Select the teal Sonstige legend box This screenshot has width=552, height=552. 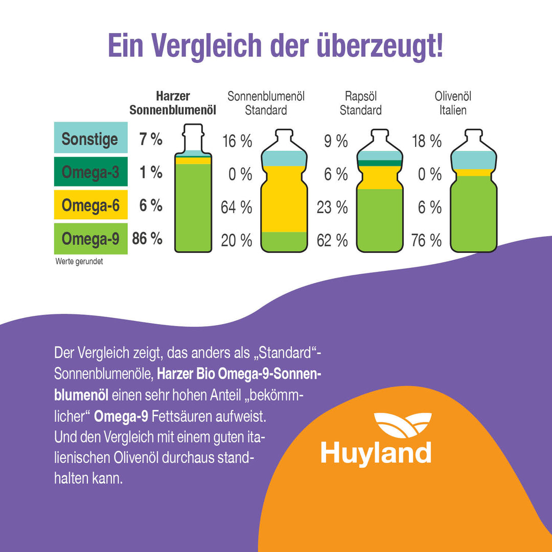click(x=90, y=138)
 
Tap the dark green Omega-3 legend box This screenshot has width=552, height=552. click(x=90, y=172)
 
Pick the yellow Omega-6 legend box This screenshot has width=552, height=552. click(x=90, y=205)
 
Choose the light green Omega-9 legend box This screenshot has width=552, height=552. click(x=90, y=239)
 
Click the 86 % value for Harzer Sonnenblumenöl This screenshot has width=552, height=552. click(x=147, y=239)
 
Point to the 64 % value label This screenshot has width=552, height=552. click(x=236, y=208)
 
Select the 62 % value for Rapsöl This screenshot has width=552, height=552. click(x=332, y=240)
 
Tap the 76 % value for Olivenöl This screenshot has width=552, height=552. click(x=426, y=240)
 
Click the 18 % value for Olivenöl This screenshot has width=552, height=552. click(x=426, y=141)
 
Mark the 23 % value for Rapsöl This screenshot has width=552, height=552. click(x=332, y=208)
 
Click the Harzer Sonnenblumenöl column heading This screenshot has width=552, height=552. click(x=173, y=103)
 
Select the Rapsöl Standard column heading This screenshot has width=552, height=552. click(x=360, y=103)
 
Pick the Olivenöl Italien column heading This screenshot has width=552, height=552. click(x=453, y=103)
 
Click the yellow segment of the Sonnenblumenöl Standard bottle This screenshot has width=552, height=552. click(x=284, y=199)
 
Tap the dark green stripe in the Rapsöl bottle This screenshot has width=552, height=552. click(x=379, y=163)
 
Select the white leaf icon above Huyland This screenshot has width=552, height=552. click(x=402, y=425)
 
